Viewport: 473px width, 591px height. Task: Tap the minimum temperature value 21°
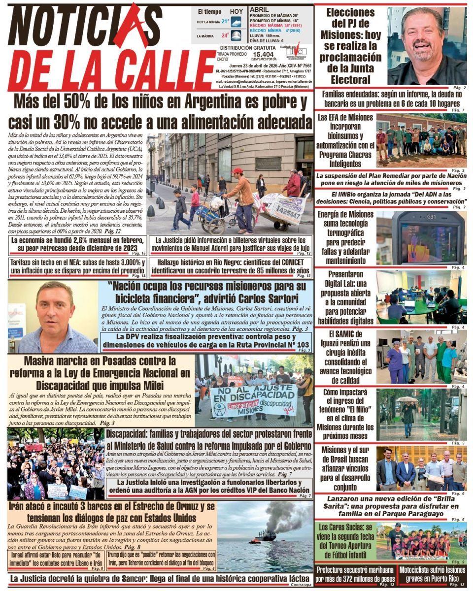225,22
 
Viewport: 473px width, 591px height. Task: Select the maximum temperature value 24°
225,35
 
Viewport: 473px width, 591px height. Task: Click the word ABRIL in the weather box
260,9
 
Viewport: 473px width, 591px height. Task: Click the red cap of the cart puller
238,170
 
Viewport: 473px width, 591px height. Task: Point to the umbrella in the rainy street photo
408,399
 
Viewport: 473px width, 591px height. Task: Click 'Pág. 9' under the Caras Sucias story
458,562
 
